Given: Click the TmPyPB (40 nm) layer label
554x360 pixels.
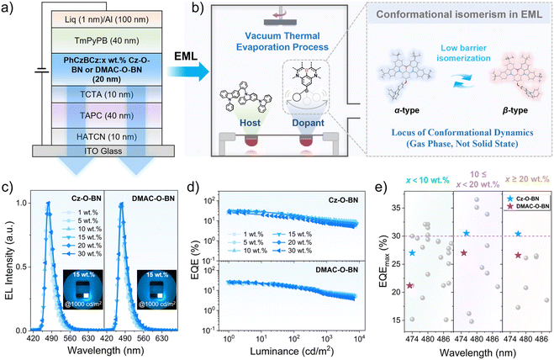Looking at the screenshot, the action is pos(107,41).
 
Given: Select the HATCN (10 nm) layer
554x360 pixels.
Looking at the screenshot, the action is pos(107,137).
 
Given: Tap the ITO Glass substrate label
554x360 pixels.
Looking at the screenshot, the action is pos(103,151).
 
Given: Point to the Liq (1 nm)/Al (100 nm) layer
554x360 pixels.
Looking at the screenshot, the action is pos(107,19).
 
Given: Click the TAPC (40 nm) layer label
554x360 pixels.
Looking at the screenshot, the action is pos(107,115).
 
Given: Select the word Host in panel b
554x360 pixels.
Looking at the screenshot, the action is pos(251,123).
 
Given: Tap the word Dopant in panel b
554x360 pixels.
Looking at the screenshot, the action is pos(308,123).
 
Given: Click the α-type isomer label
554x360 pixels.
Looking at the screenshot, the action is pos(407,110).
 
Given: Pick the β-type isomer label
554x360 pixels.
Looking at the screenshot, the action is pos(514,110).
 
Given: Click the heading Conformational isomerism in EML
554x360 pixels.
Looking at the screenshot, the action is pos(459,14).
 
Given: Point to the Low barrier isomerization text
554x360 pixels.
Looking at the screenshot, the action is pos(463,53).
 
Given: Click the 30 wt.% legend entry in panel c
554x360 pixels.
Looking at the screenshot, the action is pos(84,254).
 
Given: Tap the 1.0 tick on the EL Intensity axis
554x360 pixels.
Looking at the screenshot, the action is pos(22,203).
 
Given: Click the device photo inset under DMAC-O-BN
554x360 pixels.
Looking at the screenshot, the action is pos(157,289).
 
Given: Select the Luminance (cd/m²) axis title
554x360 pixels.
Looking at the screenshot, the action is pos(292,351).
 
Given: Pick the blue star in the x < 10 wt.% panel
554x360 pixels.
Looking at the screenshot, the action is pos(412,253).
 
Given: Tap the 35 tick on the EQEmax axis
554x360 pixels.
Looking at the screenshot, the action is pos(398,208).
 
